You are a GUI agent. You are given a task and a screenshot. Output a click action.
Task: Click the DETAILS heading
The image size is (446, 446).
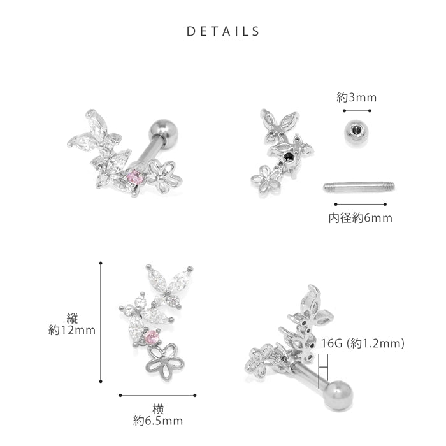pyautogui.click(x=223, y=31)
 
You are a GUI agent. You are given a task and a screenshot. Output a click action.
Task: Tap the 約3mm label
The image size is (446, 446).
pyautogui.click(x=356, y=97)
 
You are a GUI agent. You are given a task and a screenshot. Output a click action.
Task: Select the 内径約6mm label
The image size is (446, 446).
pyautogui.click(x=360, y=218)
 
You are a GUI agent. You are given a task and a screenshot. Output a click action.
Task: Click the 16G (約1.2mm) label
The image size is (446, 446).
pyautogui.click(x=363, y=343)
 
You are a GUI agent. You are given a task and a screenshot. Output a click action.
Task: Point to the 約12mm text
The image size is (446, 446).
pyautogui.click(x=71, y=331)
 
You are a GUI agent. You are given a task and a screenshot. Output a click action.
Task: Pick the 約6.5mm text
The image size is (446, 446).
pyautogui.click(x=158, y=421)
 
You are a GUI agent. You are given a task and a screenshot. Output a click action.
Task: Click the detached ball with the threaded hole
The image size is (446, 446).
pyautogui.click(x=354, y=133)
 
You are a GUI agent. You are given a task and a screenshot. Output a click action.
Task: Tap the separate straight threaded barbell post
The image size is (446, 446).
pyautogui.click(x=359, y=187)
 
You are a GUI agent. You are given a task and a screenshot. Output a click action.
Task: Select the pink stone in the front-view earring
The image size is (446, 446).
pyautogui.click(x=152, y=338)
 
